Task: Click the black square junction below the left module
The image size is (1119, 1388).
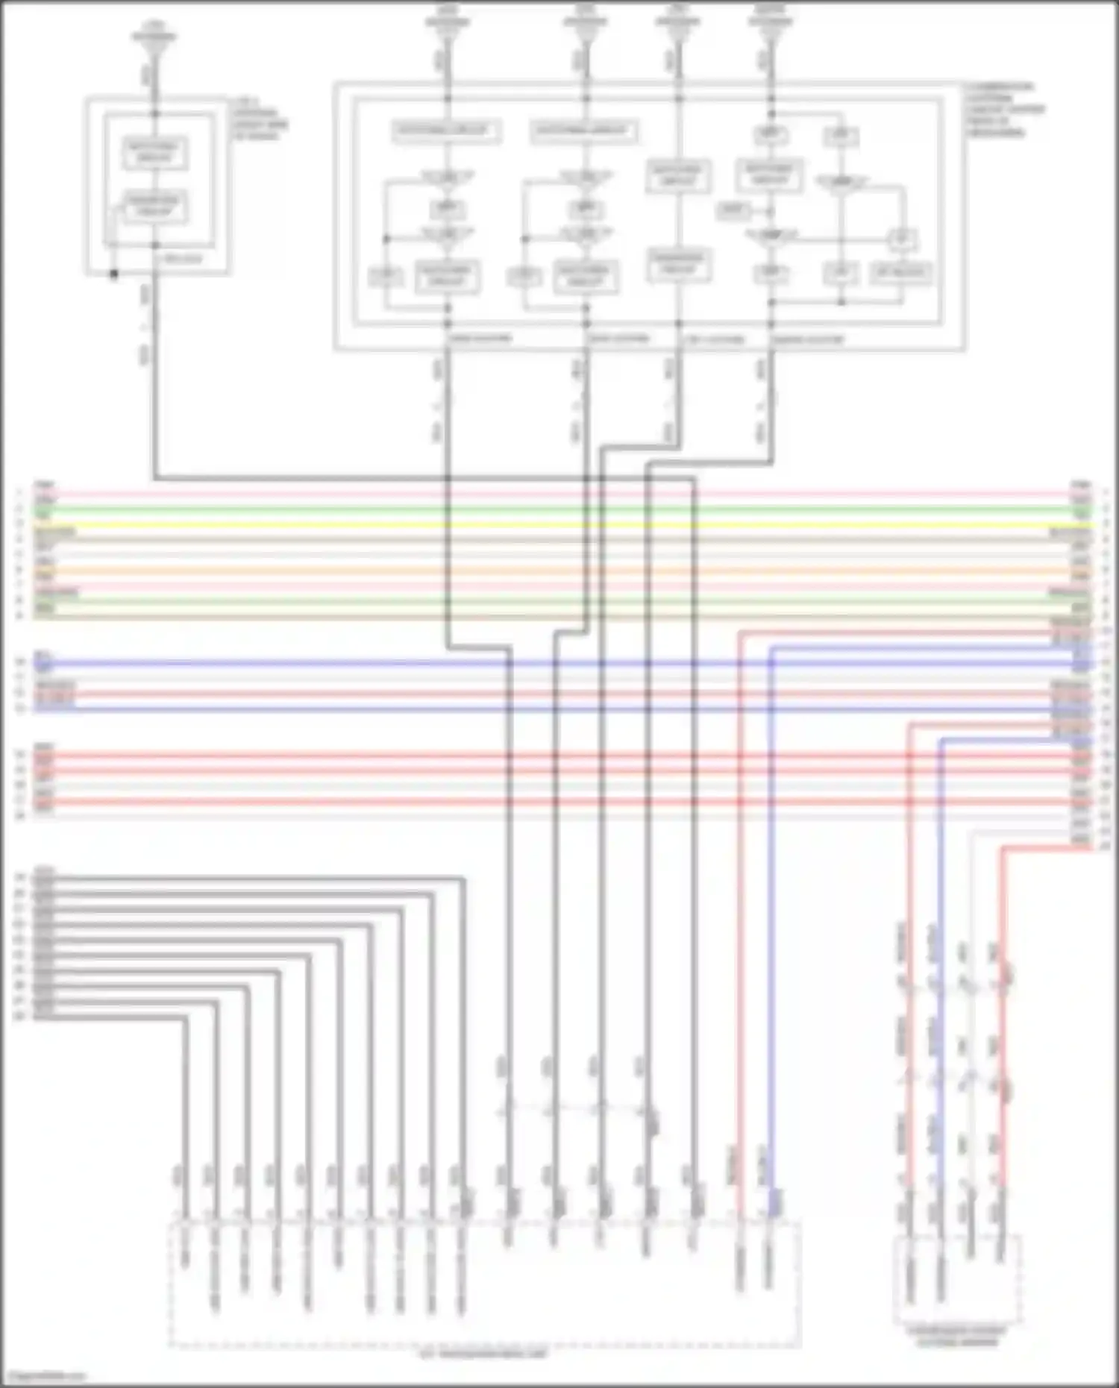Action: click(x=113, y=274)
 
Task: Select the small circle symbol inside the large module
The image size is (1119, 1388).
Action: click(x=901, y=240)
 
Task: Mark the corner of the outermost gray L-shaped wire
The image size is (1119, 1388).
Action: click(x=463, y=879)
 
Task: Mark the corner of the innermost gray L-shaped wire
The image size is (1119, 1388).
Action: click(x=185, y=1017)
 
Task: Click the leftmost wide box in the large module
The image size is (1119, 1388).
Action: click(x=446, y=131)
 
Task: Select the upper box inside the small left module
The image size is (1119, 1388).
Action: click(x=154, y=153)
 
